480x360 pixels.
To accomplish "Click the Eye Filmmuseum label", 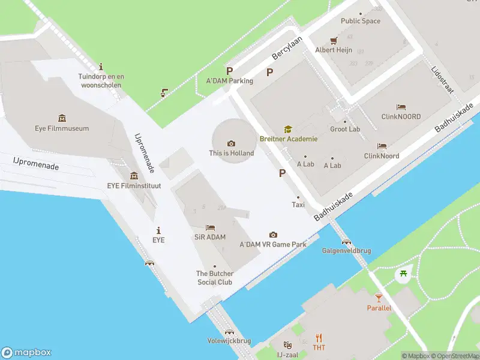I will tap(61, 128).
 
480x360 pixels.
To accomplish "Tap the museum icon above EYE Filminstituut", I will tap(134, 176).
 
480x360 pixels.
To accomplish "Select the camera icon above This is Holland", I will tap(231, 143).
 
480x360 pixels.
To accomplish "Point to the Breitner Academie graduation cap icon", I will tap(288, 129).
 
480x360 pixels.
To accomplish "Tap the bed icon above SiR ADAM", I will tap(210, 227).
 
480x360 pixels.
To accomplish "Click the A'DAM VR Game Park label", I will tap(273, 245).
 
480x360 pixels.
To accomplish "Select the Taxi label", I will tap(298, 205).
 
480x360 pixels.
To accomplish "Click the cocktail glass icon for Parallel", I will tap(379, 298).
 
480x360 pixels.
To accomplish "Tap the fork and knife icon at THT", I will tap(319, 337).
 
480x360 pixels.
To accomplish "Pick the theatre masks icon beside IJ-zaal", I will tap(288, 346).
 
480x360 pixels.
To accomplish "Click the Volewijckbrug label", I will tap(229, 341).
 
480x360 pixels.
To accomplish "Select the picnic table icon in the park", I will tap(403, 274).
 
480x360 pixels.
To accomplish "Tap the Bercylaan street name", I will tap(287, 47).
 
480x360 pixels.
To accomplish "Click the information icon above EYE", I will tap(158, 230).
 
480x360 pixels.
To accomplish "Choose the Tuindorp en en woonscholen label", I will tap(101, 80).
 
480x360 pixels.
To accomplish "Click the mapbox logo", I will tap(26, 353).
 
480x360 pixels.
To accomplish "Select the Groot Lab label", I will tap(345, 129).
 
